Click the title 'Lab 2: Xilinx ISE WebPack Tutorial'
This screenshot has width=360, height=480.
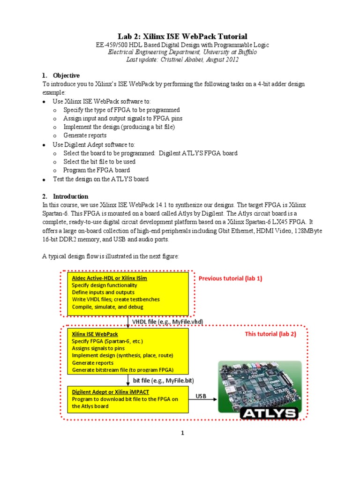(182, 36)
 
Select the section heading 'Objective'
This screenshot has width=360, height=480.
(66, 75)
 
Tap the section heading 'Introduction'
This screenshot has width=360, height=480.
(70, 196)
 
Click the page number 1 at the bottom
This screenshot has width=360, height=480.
(183, 433)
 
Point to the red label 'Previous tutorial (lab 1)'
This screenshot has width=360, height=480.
(230, 278)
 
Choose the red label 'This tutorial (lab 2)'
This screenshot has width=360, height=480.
(270, 334)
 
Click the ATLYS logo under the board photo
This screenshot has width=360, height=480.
(268, 413)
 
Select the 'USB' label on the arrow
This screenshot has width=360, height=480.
(201, 397)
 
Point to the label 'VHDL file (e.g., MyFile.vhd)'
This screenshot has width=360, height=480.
(167, 322)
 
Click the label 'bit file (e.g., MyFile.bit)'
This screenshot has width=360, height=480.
(163, 380)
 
